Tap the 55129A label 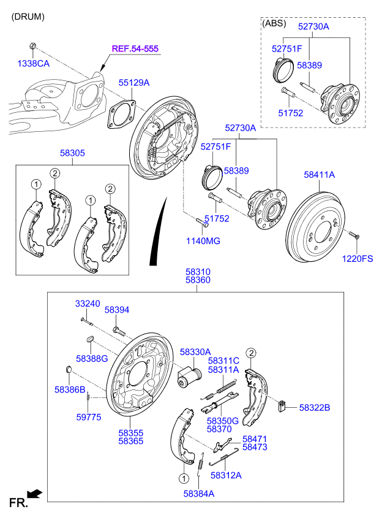coord(134,82)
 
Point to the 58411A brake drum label coord(320,175)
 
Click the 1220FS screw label coord(357,259)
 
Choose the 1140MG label coord(203,241)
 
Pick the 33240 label coord(88,304)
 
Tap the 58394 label coord(117,310)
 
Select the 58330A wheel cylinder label coord(195,351)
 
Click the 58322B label coord(314,407)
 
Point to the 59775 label coord(89,417)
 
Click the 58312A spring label coord(226,475)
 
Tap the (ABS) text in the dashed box coord(274,23)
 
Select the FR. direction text coord(18,503)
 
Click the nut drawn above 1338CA coord(33,46)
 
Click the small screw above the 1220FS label coord(353,235)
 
